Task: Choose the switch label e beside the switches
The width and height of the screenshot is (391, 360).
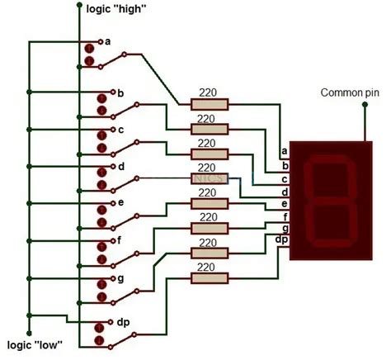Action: coord(120,202)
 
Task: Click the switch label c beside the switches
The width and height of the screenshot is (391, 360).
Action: coord(120,130)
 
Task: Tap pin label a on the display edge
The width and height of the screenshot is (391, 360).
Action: coord(284,151)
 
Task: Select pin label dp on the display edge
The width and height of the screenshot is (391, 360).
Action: coord(282,239)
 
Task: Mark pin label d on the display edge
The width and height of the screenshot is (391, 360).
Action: coord(284,192)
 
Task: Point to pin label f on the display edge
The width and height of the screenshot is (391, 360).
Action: coord(285,216)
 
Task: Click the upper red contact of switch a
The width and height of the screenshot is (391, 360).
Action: coord(88,47)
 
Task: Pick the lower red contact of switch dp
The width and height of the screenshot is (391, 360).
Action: coord(100,341)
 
